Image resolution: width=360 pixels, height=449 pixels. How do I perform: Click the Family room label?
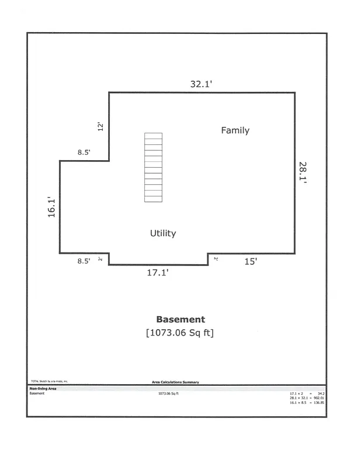click(x=235, y=130)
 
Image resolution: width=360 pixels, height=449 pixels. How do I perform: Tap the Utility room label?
click(x=163, y=233)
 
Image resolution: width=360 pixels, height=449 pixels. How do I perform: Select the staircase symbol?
click(x=153, y=167)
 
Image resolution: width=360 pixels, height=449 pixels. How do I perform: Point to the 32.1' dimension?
click(x=201, y=84)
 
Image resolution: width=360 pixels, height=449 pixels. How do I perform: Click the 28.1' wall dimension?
click(x=303, y=172)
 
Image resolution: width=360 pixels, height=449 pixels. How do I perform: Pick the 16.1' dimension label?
click(x=51, y=208)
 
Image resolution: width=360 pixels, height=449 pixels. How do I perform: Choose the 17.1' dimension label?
click(x=157, y=272)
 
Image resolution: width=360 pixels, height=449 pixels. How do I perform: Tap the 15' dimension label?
click(x=250, y=262)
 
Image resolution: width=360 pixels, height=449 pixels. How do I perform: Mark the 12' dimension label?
click(x=100, y=126)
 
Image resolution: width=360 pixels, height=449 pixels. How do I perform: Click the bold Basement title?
click(x=181, y=319)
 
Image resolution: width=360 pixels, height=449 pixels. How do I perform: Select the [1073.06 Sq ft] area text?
click(x=181, y=333)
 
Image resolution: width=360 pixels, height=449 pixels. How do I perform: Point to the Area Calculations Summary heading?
click(x=175, y=382)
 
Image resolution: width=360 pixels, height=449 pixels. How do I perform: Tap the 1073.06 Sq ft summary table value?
click(x=168, y=393)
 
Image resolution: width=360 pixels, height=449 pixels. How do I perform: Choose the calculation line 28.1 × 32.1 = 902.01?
click(x=307, y=398)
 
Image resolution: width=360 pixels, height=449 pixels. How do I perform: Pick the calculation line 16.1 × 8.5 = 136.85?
click(x=307, y=403)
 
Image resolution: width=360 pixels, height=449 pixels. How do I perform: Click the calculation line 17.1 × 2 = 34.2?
click(x=307, y=393)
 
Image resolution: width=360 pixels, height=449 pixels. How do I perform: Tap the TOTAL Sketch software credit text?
click(x=50, y=381)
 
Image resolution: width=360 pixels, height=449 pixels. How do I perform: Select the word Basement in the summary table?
click(x=37, y=393)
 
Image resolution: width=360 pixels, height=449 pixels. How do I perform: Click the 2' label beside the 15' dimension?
click(x=216, y=258)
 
